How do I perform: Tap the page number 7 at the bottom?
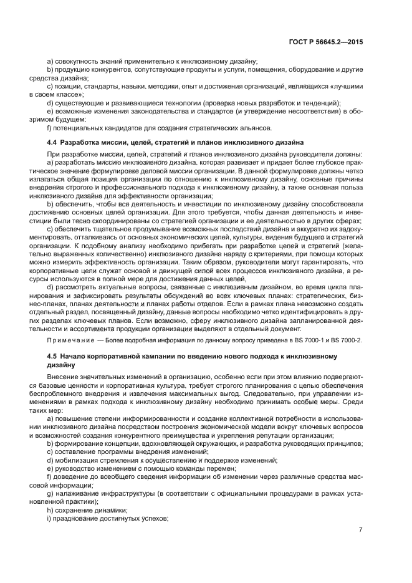(x=360, y=530)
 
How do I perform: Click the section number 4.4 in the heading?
(x=53, y=143)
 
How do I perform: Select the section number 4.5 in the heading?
(x=53, y=355)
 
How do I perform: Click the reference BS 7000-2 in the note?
(x=347, y=339)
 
